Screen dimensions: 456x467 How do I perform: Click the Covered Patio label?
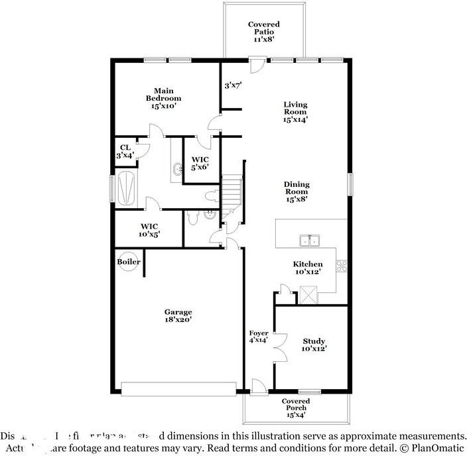coord(263,32)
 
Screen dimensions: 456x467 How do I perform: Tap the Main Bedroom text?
coord(163,97)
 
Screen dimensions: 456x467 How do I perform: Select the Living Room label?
coord(296,112)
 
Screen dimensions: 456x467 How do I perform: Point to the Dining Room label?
coord(297,192)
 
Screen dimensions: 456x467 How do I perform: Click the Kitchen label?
coord(307,268)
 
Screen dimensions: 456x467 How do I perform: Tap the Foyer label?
coord(258,336)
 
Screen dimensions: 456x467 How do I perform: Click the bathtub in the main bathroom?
coord(125,188)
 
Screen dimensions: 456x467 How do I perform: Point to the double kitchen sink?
coord(308,241)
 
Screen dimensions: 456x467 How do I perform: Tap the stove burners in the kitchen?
coord(342,266)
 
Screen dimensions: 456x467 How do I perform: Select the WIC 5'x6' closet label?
coord(201,163)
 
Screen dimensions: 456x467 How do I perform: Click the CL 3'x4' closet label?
coord(125,151)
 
